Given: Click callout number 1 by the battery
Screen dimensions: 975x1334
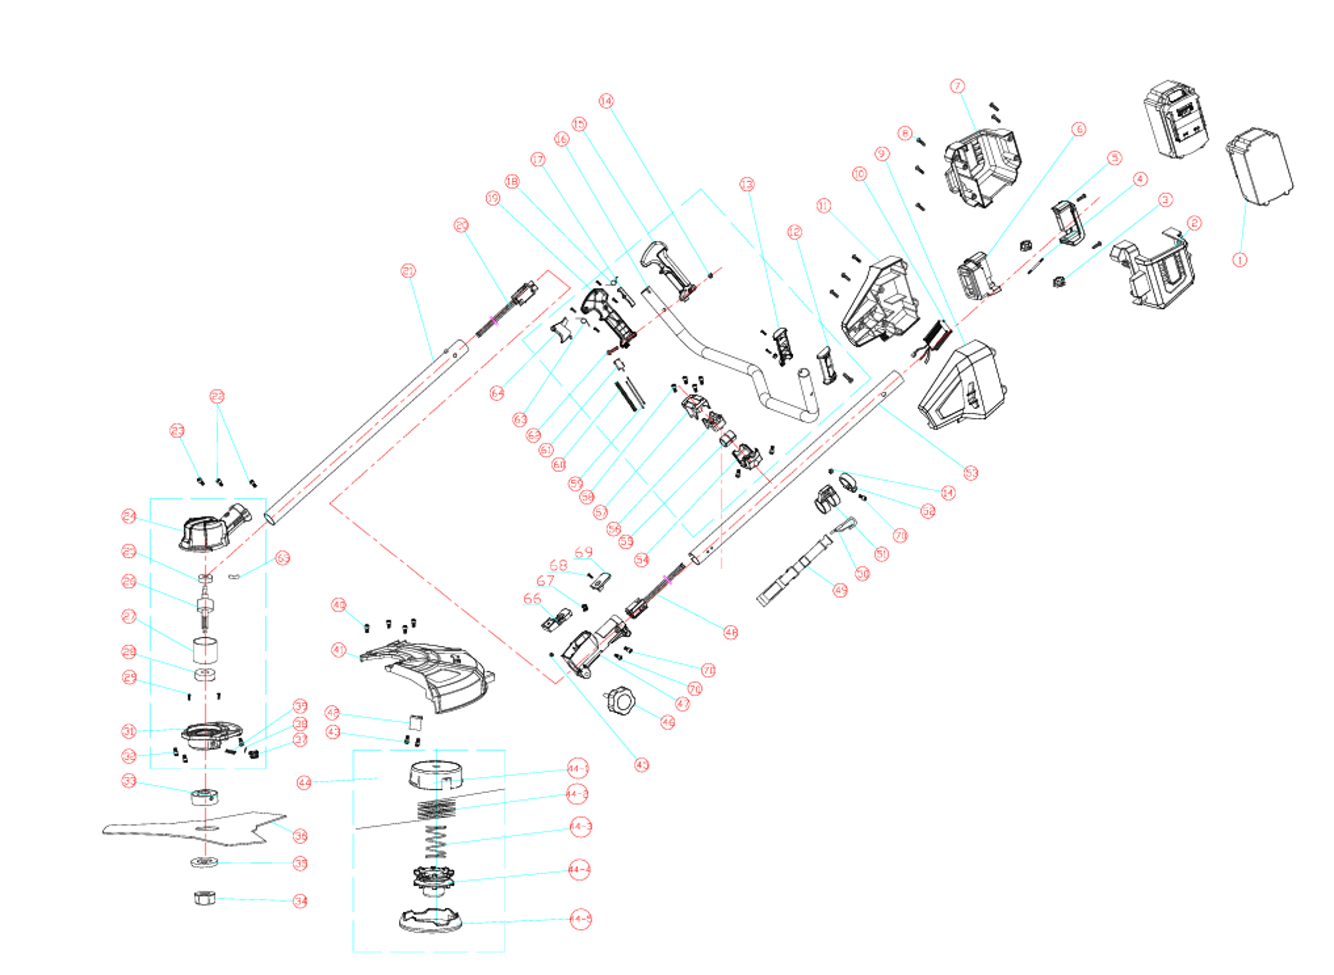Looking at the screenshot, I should click(x=1240, y=260).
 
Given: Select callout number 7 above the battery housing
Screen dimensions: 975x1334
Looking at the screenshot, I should click(x=957, y=86).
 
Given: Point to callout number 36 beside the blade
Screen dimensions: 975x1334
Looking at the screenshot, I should click(x=300, y=836).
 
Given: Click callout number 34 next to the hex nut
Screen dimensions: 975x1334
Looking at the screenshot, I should click(x=300, y=901).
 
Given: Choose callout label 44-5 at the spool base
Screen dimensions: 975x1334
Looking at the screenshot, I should click(x=580, y=919).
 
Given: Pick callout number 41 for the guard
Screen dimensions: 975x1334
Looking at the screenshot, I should click(x=338, y=650).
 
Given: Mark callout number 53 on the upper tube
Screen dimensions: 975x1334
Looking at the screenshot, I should click(x=970, y=472).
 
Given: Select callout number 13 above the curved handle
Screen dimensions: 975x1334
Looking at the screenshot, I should click(x=747, y=185).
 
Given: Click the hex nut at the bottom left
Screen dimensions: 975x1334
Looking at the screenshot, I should click(x=205, y=899).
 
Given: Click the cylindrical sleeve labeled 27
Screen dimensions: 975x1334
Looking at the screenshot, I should click(x=205, y=652).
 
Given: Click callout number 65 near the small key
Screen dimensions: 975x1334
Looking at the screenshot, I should click(x=283, y=558).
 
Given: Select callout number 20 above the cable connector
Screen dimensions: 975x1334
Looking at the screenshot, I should click(x=461, y=225).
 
